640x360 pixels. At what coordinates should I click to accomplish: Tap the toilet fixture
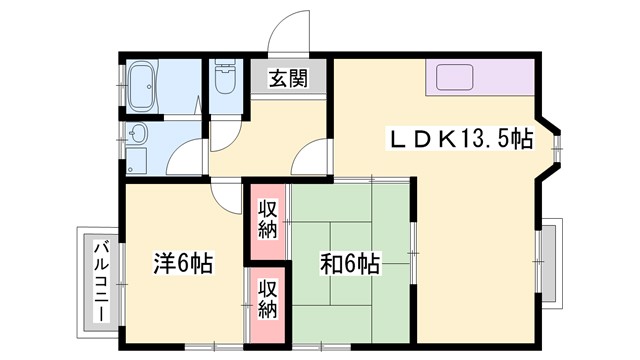tap(224, 82)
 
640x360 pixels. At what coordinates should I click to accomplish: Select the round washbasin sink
tap(138, 134)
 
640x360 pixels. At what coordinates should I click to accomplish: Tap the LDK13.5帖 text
tap(460, 138)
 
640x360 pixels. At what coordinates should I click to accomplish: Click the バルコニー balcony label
tap(101, 281)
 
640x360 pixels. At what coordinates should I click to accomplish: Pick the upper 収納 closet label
tap(268, 219)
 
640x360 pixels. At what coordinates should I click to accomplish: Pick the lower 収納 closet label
tap(268, 298)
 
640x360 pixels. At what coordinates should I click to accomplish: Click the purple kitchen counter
tap(480, 78)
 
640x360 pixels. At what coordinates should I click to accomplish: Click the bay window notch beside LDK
tap(550, 145)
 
